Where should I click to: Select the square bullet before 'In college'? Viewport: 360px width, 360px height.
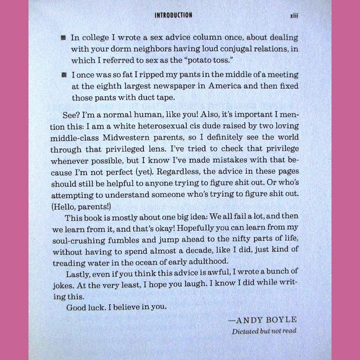pos(63,37)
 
